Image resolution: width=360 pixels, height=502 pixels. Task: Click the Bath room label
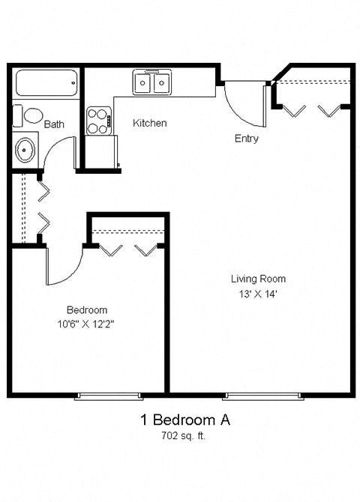point(53,124)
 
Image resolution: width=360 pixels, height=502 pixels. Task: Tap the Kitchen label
point(150,123)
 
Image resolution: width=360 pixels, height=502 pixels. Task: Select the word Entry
point(246,139)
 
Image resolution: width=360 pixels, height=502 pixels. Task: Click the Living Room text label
point(258,279)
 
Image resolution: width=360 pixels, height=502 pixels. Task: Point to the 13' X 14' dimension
point(258,294)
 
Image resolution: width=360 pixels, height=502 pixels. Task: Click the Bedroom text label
point(87,309)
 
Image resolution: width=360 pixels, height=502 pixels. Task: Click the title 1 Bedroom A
point(184,420)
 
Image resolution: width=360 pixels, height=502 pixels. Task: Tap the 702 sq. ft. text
point(184,436)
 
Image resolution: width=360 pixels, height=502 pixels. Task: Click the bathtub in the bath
point(46,82)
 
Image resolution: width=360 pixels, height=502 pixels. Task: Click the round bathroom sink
point(25,150)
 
